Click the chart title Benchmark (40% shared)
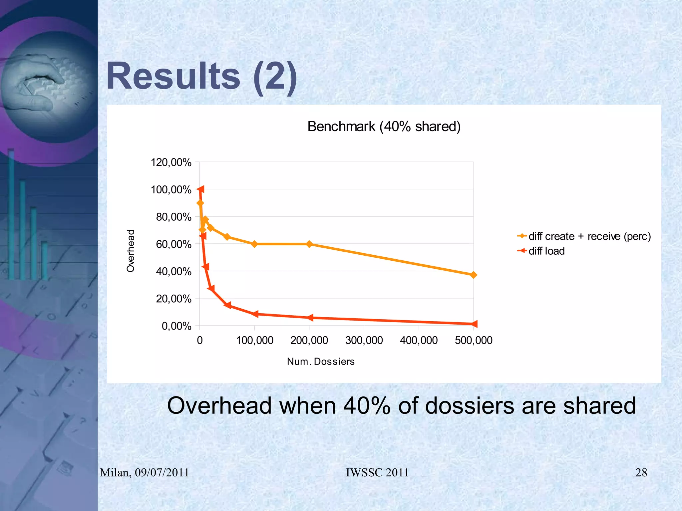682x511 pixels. point(384,127)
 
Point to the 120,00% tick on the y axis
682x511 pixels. point(171,162)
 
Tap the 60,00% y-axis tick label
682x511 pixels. point(173,244)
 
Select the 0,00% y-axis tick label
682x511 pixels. point(176,326)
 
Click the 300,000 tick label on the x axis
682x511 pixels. point(364,340)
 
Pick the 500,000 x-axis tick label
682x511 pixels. point(474,340)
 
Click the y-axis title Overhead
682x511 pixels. point(131,251)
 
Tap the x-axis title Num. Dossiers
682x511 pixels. point(321,362)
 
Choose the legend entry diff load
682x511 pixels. point(546,251)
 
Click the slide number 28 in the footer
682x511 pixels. point(641,472)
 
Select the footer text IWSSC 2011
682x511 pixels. point(377,472)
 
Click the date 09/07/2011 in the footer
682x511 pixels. point(162,472)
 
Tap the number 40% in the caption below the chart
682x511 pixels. point(367,406)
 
